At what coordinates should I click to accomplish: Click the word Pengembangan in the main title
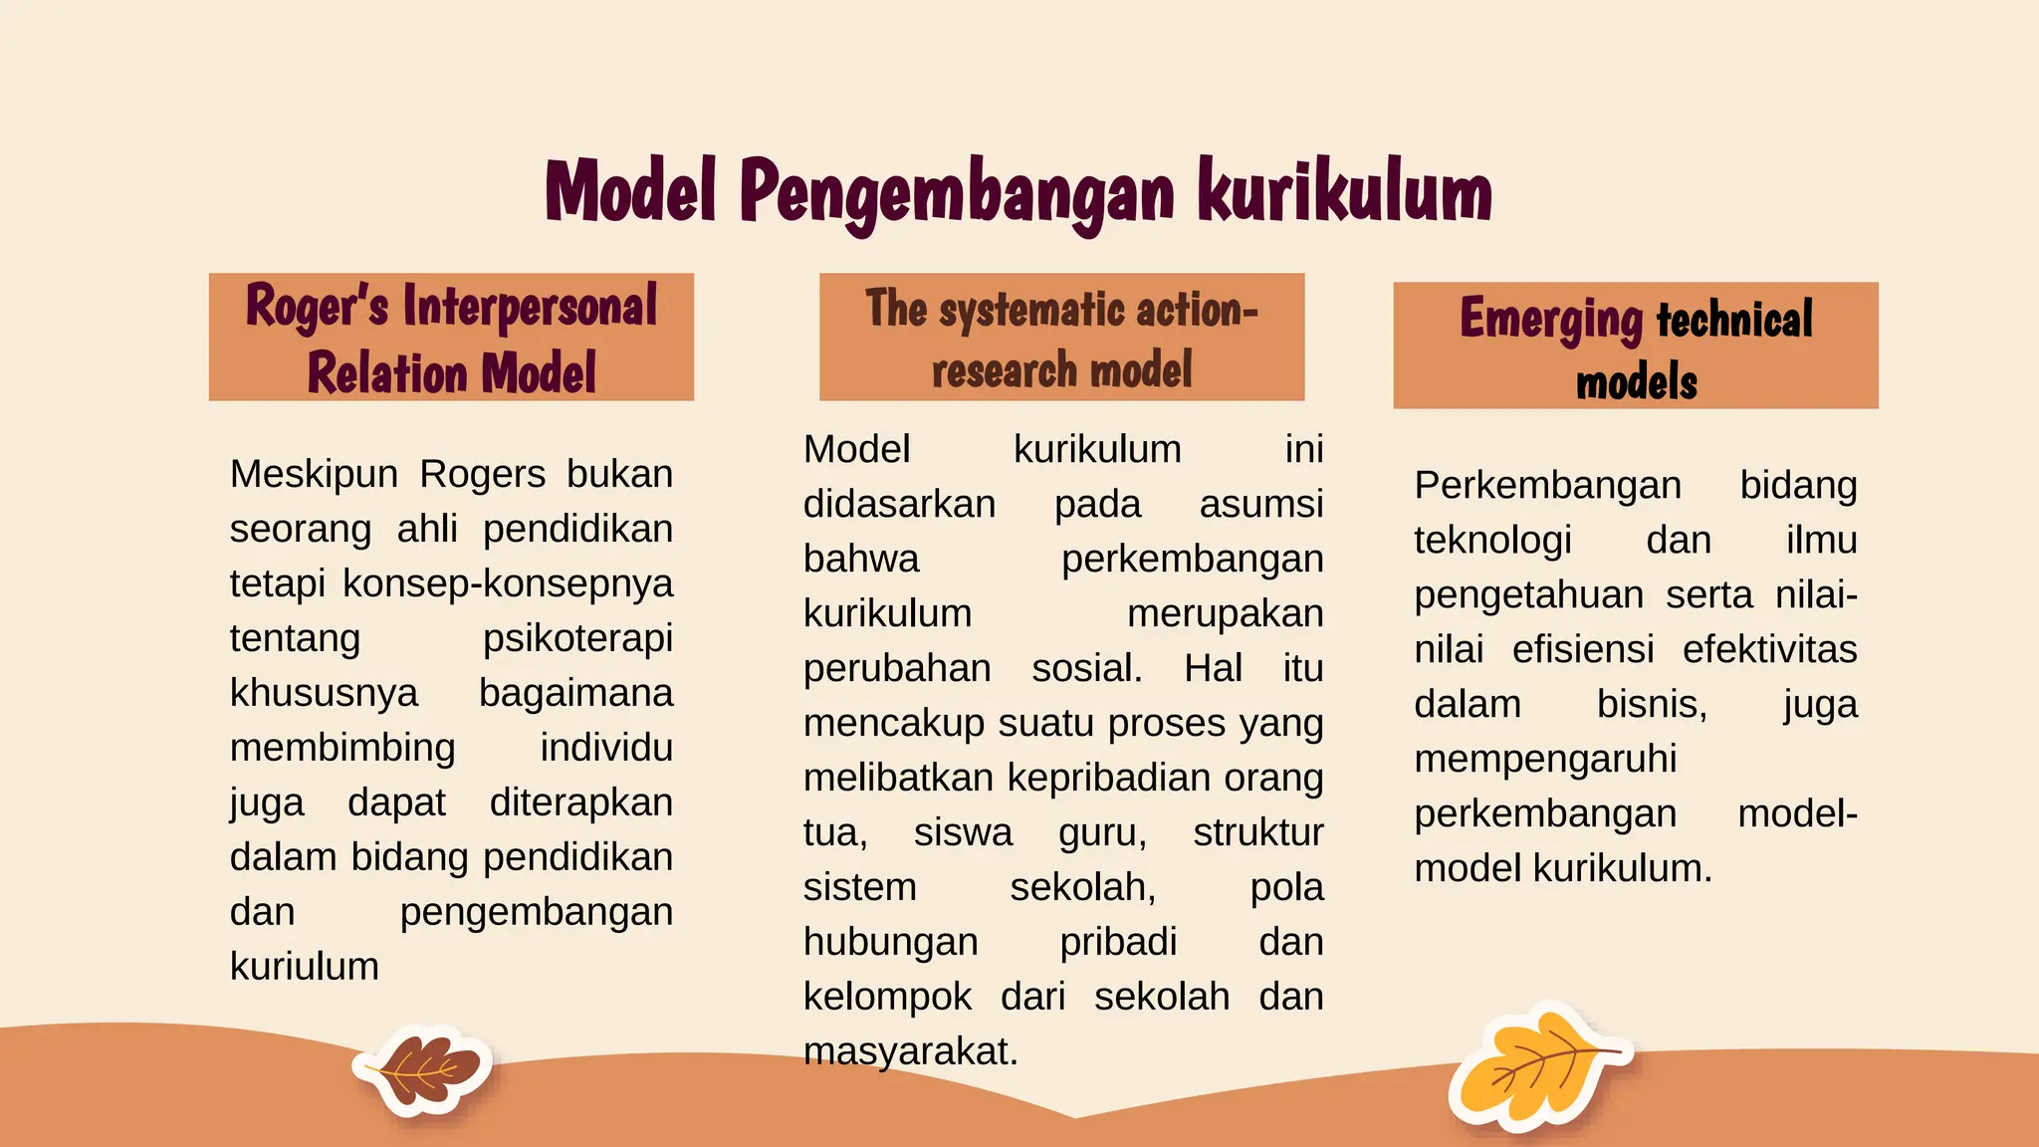[957, 192]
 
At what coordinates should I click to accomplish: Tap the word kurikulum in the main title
[1344, 191]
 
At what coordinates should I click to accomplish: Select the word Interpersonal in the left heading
[530, 307]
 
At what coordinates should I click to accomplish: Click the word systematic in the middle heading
[1032, 310]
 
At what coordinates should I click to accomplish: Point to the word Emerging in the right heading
[1551, 320]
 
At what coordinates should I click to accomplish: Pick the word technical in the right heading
[1734, 320]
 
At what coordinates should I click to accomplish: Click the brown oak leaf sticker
[422, 1070]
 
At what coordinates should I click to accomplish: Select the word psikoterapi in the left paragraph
[577, 638]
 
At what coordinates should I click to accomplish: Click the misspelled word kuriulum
[305, 967]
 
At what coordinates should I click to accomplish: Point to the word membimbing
[342, 748]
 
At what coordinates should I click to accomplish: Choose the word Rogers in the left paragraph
[482, 474]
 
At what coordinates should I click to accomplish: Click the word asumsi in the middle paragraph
[1260, 505]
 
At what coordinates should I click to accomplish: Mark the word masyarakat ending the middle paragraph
[910, 1051]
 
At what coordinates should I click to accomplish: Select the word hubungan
[891, 942]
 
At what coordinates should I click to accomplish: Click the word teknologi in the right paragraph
[1492, 541]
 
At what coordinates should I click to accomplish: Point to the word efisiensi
[1583, 650]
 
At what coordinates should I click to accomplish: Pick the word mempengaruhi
[1545, 760]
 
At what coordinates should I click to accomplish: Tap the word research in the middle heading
[1005, 372]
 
